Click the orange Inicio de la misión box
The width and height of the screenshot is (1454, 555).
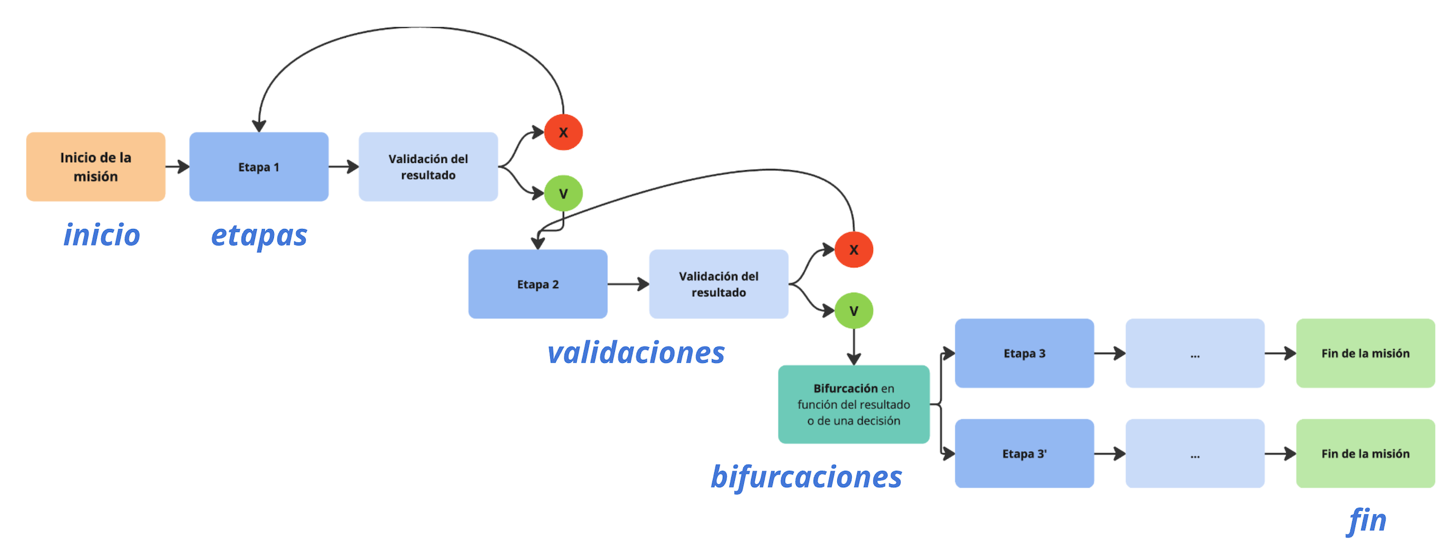96,167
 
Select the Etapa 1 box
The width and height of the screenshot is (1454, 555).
259,167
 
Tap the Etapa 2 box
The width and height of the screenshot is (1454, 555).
537,284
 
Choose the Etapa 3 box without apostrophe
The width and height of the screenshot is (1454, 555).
1024,353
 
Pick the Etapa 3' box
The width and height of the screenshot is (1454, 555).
1024,453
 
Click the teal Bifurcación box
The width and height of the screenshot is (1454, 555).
853,404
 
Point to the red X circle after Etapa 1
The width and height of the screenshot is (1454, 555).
563,132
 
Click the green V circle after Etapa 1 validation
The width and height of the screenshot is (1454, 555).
563,193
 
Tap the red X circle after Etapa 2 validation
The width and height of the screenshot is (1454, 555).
854,250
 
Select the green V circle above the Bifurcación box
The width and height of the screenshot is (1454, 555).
854,311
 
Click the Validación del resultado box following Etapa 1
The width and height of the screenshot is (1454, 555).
428,167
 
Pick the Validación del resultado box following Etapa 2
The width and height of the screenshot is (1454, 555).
719,284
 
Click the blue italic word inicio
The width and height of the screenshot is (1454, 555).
102,235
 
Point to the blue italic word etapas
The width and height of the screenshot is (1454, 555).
259,236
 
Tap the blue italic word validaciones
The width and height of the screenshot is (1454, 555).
636,353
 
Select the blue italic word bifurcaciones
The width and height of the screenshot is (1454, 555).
806,477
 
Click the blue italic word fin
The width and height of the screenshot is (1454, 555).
1367,520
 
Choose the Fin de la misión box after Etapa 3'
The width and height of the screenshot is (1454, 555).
1365,453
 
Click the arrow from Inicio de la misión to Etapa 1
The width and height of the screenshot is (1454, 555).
177,167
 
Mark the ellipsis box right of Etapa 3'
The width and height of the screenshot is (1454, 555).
1195,453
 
